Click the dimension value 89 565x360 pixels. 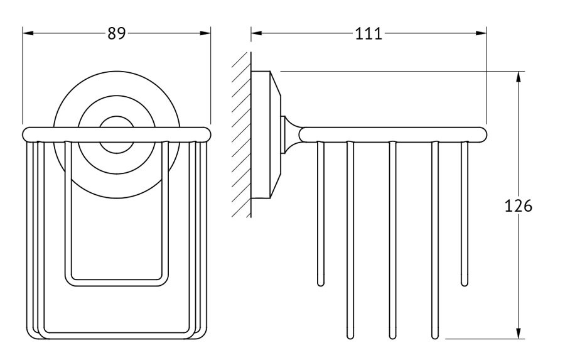tap(117, 33)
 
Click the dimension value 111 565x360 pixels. tap(369, 34)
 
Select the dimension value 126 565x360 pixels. tap(518, 206)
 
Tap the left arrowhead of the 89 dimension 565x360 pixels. tap(28, 33)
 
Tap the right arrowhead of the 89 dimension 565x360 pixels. tap(205, 33)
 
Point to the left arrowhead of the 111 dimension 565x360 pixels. tap(257, 33)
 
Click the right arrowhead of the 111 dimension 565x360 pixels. tap(481, 33)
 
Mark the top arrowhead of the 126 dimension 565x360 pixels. tap(518, 77)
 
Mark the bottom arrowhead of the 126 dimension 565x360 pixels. tap(518, 334)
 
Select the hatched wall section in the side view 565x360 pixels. tap(241, 135)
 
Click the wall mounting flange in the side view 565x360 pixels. tap(266, 135)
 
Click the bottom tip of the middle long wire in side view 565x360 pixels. tap(392, 337)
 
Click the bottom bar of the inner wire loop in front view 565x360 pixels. tap(116, 283)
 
